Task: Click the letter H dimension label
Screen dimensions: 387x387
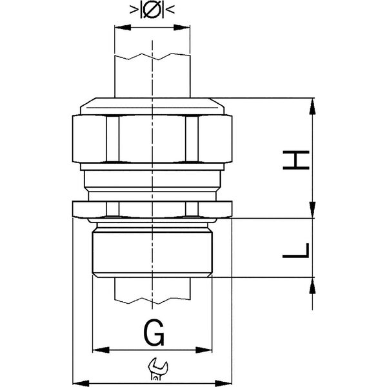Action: pos(295,160)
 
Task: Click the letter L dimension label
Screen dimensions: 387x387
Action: pos(295,250)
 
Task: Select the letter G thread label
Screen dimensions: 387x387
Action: pos(154,332)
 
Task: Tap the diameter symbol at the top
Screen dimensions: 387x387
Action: pos(152,10)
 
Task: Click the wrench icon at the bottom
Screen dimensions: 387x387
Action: pos(158,368)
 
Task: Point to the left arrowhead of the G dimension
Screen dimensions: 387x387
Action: pos(101,350)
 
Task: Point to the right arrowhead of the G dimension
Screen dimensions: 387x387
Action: pos(204,350)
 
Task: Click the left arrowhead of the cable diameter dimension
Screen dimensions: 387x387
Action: pos(123,27)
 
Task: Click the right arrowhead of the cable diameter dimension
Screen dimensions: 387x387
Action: pos(182,27)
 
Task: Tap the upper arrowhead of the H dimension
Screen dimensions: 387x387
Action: pos(312,106)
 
